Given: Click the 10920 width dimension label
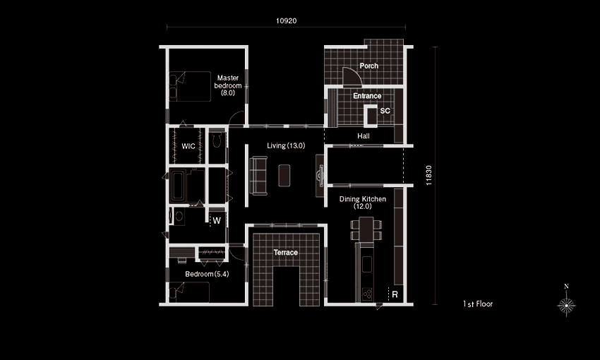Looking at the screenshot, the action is (x=286, y=20).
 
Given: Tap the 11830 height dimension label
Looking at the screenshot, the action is (x=428, y=176).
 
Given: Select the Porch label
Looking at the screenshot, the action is (x=369, y=66).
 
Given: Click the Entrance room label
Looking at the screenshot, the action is (x=367, y=95).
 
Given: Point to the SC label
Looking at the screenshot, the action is (x=385, y=111).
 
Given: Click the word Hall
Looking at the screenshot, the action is (x=364, y=136).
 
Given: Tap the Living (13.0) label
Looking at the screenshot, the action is (x=286, y=145).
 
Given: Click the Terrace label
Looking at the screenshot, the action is (x=285, y=253).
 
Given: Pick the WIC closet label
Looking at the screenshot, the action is (x=188, y=146).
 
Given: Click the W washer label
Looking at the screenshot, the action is (x=217, y=221).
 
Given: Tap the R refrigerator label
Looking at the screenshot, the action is (x=395, y=294).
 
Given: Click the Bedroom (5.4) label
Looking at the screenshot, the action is (x=207, y=274).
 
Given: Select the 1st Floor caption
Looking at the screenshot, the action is (x=478, y=304).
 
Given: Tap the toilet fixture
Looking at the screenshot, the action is (x=217, y=140).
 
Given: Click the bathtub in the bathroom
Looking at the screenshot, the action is (x=178, y=186).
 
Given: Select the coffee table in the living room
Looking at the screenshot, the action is (x=284, y=176).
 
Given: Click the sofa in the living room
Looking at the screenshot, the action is (x=258, y=176).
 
